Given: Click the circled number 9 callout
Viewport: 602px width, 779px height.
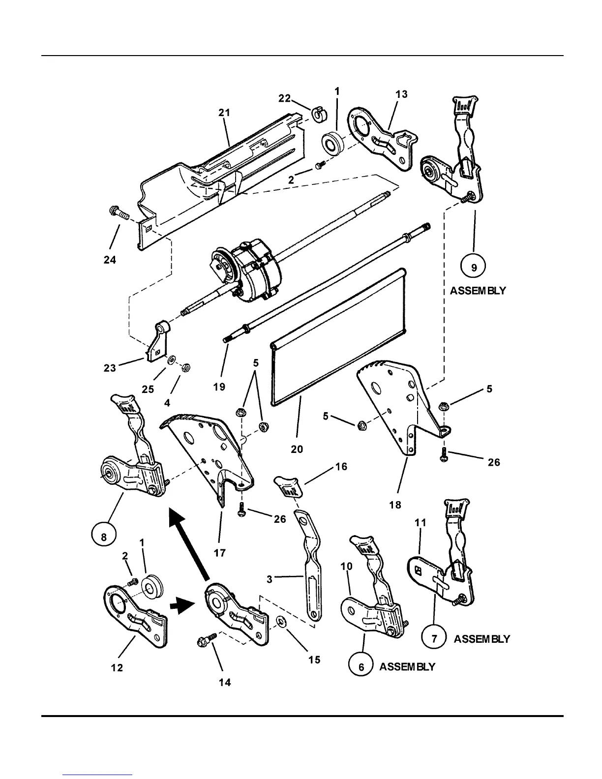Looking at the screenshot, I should pos(474,268).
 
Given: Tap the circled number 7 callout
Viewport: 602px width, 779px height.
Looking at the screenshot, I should pos(434,639).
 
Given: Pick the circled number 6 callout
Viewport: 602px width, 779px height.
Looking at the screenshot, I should pos(361,667).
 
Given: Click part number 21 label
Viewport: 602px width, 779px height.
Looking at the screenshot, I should pos(224,113).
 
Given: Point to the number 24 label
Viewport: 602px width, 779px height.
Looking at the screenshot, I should pos(110,259).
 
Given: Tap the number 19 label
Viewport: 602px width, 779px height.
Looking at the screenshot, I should pos(219,387).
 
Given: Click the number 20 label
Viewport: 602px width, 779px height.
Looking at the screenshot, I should pos(297,449).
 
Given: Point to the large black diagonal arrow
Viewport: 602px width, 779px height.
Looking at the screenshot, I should pos(189,543).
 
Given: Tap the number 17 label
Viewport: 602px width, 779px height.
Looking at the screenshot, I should pos(219,553).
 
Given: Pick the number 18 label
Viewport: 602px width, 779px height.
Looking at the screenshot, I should pos(395,505).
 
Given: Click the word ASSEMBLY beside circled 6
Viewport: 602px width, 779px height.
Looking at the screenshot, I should pos(407,667).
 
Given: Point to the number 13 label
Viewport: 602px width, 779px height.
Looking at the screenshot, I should pos(401,94).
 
